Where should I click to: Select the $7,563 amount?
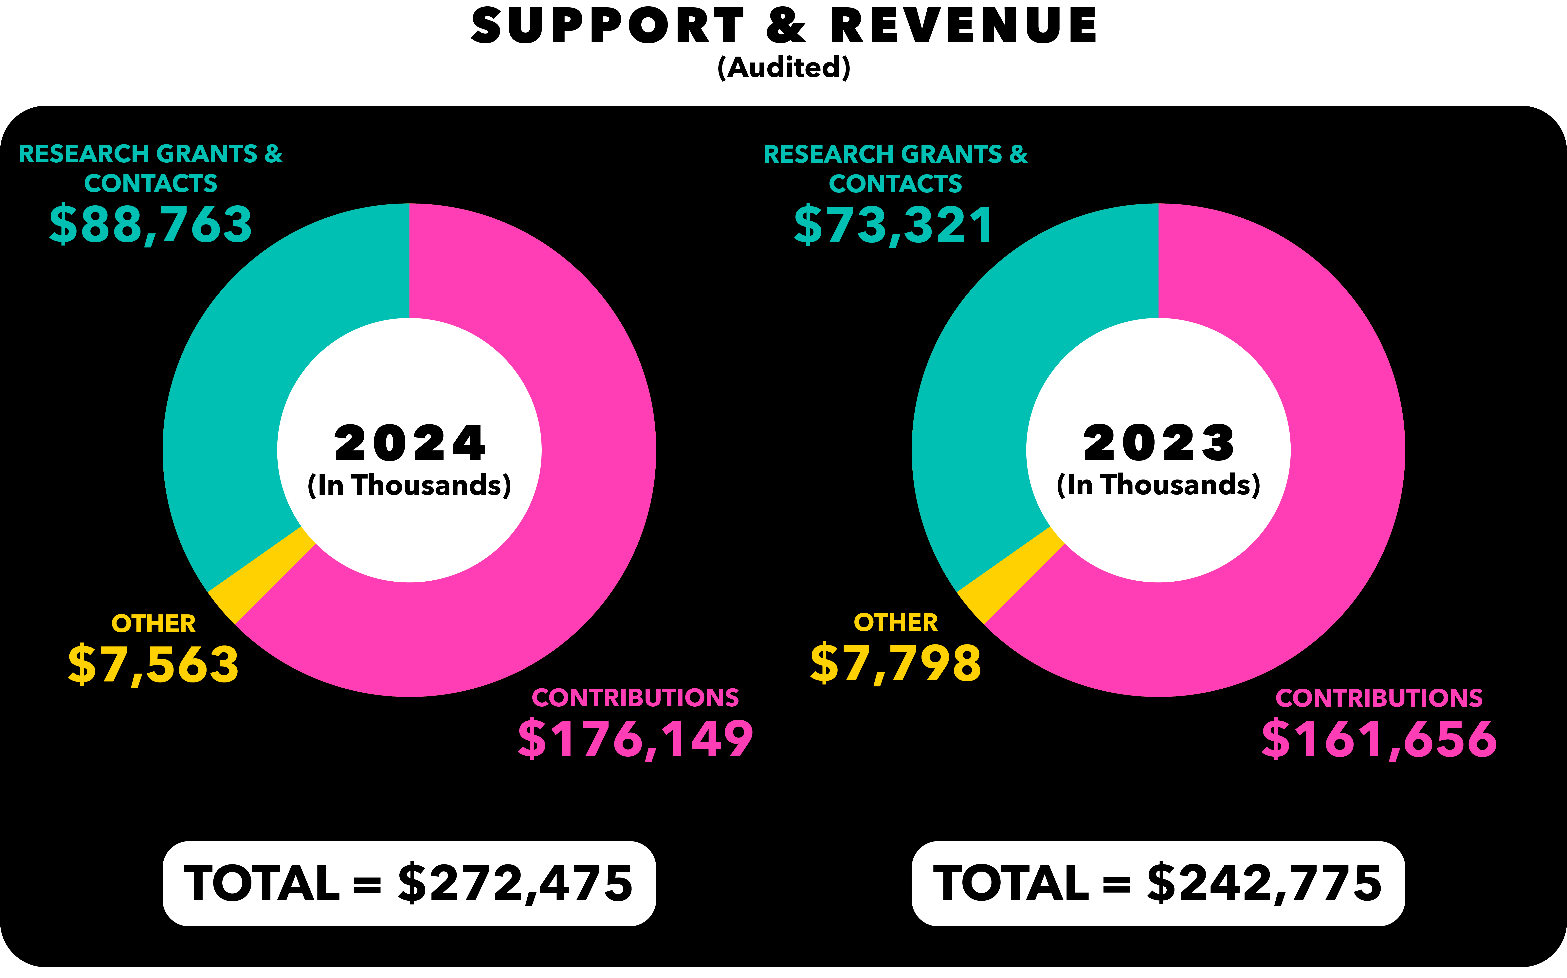point(153,664)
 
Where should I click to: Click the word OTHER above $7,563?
point(153,624)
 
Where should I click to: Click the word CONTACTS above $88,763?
point(151,184)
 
